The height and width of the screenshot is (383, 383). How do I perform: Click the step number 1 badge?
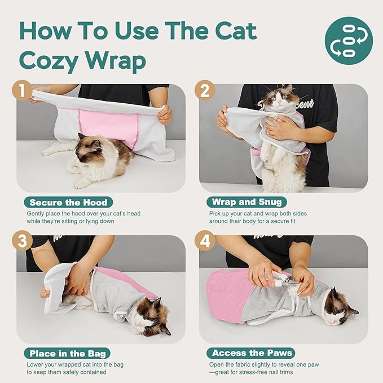coord(23,90)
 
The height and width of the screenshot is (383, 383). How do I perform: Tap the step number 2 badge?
coord(205,90)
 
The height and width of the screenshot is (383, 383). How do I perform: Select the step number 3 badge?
coord(23,241)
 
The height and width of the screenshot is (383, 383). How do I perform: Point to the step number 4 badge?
coord(205,241)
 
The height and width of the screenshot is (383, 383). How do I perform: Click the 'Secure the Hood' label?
coord(68,202)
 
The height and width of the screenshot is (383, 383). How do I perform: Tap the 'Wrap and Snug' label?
coord(246,202)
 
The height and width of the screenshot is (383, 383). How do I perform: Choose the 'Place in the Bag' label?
coord(67,353)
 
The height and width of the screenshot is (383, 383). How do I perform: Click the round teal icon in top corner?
coord(348,40)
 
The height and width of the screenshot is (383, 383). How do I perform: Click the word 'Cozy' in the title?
coord(50,60)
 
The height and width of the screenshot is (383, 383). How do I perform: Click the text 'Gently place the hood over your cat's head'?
coord(83,213)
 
